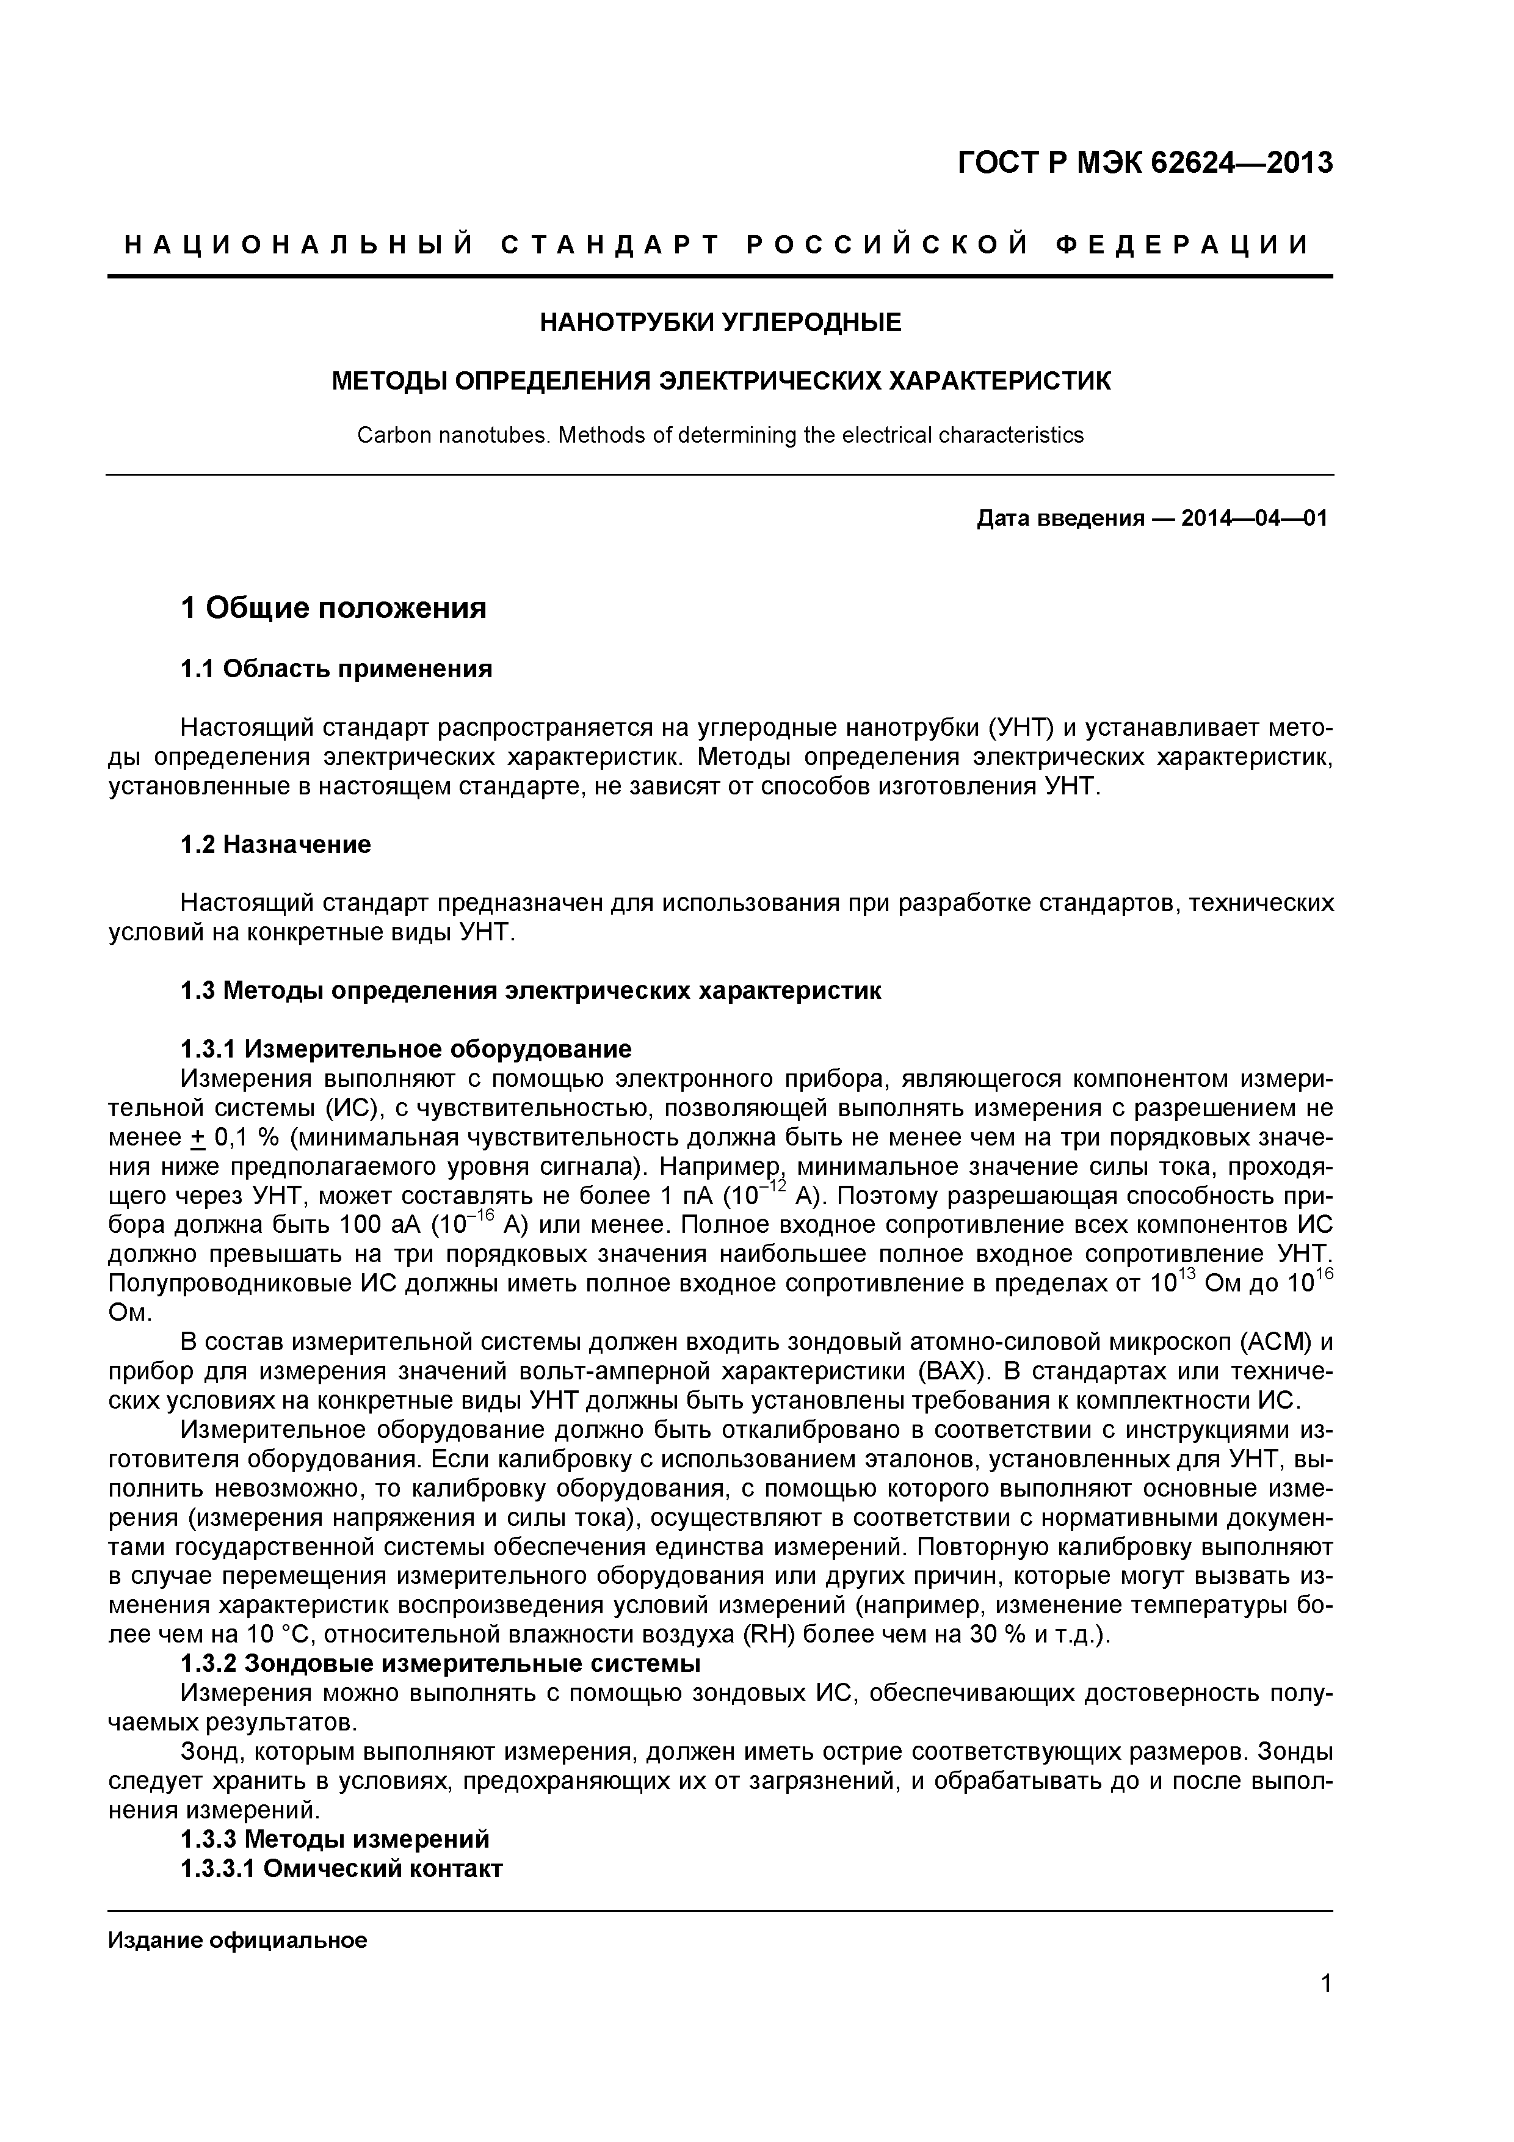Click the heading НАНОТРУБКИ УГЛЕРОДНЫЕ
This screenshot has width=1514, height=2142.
720,323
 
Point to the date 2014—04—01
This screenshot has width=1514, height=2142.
1253,518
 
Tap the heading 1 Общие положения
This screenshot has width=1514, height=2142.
333,608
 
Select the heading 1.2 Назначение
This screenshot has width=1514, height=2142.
275,844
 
